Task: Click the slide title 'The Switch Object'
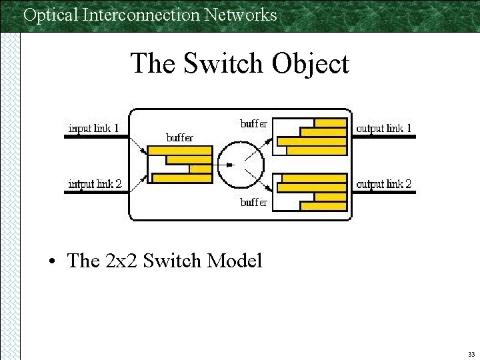tap(239, 64)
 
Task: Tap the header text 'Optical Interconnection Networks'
tap(150, 14)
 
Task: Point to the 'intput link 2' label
tap(95, 183)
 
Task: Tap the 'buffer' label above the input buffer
tap(179, 137)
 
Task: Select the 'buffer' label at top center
tap(253, 123)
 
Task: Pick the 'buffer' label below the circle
tap(253, 201)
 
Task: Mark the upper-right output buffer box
tap(311, 136)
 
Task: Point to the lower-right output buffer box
tap(311, 191)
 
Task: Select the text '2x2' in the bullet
tap(119, 260)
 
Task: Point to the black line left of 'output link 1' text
tap(351, 136)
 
